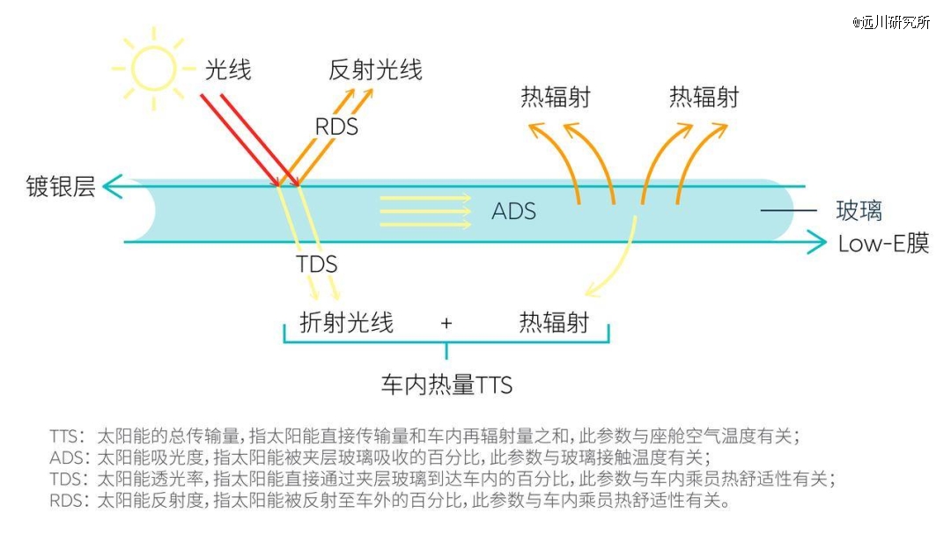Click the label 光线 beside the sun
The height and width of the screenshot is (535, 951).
[x=228, y=70]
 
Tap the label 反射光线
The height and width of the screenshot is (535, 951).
[x=375, y=70]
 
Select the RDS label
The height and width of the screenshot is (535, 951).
[x=336, y=127]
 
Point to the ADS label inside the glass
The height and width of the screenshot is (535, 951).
[x=513, y=211]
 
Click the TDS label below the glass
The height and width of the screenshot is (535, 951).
[x=317, y=264]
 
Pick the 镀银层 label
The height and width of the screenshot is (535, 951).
[x=61, y=186]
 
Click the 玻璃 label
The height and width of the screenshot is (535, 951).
[x=859, y=210]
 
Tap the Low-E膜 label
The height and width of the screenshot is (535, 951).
[x=884, y=244]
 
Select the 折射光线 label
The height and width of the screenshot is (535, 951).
[x=346, y=322]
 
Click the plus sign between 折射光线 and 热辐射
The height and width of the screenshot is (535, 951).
[x=446, y=324]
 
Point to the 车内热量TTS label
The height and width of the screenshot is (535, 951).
[x=447, y=385]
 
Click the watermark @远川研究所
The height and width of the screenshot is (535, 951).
[x=891, y=22]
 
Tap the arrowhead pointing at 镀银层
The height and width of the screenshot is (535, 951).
[x=112, y=186]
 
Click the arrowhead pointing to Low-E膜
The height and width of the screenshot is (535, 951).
[x=816, y=242]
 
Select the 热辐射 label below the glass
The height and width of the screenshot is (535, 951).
[x=555, y=322]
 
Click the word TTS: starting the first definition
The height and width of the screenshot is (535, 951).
[x=67, y=436]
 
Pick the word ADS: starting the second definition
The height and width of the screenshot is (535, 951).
[x=70, y=458]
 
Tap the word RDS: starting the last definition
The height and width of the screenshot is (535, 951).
[x=70, y=501]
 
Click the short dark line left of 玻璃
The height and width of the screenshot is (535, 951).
[x=788, y=210]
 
